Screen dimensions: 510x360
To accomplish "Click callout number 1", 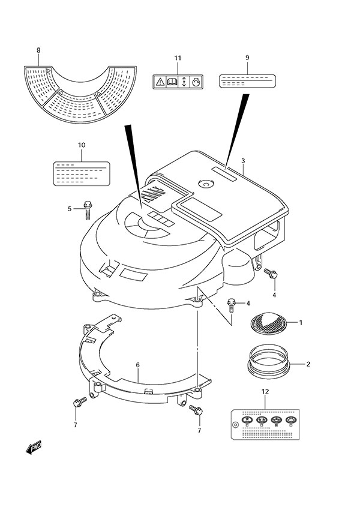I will coord(301,323).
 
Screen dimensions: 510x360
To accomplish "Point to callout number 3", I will coord(243,161).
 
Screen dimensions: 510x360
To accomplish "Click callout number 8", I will coord(38,50).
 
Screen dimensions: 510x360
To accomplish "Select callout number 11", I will coord(177,58).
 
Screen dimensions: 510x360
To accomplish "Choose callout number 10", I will coord(82,145).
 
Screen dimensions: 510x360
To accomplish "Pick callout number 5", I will coord(70,209).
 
